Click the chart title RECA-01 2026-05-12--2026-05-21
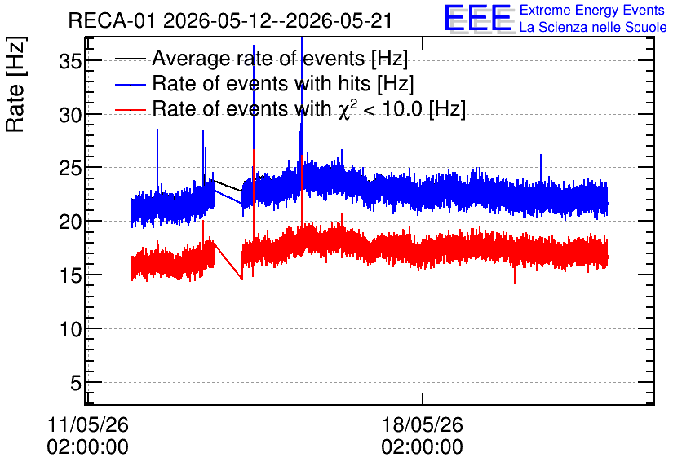coord(230,21)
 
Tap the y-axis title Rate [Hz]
coord(15,84)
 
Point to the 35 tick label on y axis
coord(70,62)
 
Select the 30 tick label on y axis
coord(70,116)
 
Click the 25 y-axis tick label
coord(70,169)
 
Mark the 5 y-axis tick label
coord(76,383)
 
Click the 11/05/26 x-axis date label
coord(88,424)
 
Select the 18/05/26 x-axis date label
coord(422,424)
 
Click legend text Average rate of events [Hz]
coord(280,59)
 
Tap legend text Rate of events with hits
coord(283,83)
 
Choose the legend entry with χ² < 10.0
coord(309,108)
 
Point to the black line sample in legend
coord(131,59)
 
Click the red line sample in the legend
coord(131,109)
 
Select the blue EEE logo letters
coord(477,18)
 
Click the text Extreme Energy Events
coord(592,10)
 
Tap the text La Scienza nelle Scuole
coord(593,27)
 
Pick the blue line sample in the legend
coord(131,84)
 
